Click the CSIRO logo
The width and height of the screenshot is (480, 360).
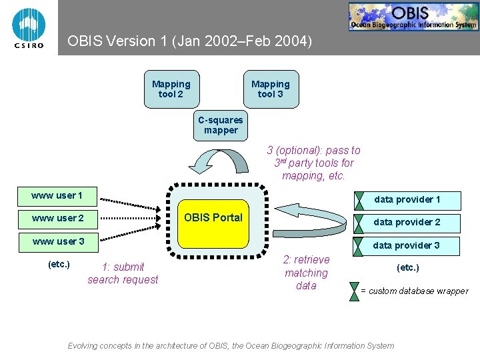(29, 27)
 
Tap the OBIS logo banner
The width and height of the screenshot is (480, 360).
(413, 17)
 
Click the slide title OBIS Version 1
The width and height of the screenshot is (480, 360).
(189, 41)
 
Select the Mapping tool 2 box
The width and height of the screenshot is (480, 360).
(171, 89)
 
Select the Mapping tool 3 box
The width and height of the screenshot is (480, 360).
(271, 89)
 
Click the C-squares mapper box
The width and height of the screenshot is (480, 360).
(221, 125)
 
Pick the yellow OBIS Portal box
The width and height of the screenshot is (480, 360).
(213, 217)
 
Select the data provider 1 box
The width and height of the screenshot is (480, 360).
(407, 199)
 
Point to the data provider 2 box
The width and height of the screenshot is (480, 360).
(407, 222)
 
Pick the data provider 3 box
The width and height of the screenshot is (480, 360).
(407, 245)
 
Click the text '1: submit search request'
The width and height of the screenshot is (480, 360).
(123, 273)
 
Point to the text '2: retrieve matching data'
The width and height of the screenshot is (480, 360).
(306, 273)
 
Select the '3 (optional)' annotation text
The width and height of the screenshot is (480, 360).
(313, 163)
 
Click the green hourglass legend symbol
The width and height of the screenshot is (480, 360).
(354, 291)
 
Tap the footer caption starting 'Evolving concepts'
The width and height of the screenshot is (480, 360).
(231, 345)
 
